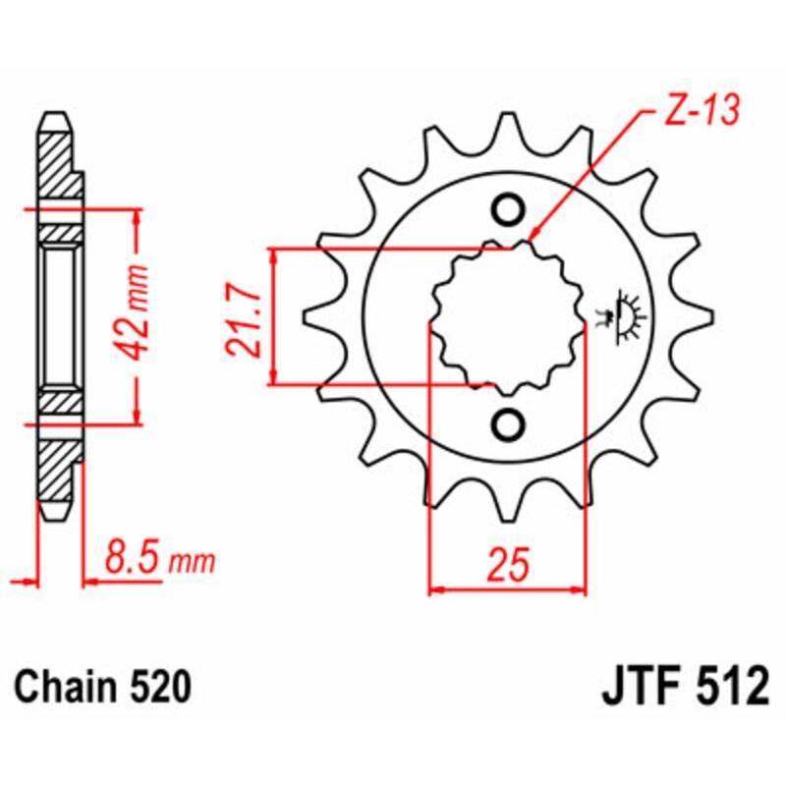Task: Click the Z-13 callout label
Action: pyautogui.click(x=694, y=116)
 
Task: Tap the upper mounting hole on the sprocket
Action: pyautogui.click(x=508, y=209)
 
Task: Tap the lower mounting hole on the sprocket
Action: pyautogui.click(x=508, y=424)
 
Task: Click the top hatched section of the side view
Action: pyautogui.click(x=58, y=162)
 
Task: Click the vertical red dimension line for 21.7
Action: pyautogui.click(x=274, y=316)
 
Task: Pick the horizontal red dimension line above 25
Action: pyautogui.click(x=508, y=591)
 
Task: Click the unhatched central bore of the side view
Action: pyautogui.click(x=58, y=316)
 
